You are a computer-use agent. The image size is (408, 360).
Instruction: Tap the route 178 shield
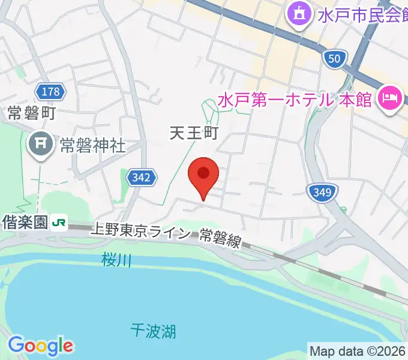pos(51,91)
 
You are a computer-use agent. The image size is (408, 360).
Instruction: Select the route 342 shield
pos(142,178)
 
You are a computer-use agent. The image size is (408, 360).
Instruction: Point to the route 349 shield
pos(322,193)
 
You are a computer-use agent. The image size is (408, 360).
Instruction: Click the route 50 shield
pos(335,58)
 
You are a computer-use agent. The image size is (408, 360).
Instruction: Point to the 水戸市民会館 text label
pos(360,15)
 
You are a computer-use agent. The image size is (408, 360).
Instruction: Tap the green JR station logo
pos(59,223)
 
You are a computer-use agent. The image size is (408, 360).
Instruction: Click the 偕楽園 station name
pos(24,223)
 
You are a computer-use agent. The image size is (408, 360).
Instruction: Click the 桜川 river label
pos(116,260)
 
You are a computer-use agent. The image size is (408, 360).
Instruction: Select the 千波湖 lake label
pos(154,329)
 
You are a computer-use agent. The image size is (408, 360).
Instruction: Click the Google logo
pos(40,345)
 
